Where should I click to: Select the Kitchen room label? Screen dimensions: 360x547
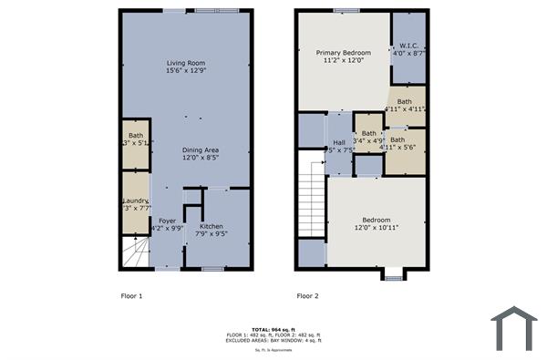(x=211, y=226)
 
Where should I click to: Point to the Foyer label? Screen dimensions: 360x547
(x=167, y=221)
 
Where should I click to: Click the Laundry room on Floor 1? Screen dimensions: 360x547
(x=135, y=205)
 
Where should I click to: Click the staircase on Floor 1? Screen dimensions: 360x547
(x=136, y=251)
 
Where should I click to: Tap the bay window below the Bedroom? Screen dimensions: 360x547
(x=393, y=274)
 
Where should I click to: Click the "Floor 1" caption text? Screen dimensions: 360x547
(x=131, y=296)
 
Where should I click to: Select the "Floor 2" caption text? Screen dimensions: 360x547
(x=307, y=296)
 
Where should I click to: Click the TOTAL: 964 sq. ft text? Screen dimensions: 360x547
(x=273, y=329)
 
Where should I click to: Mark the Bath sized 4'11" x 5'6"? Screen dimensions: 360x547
(x=402, y=144)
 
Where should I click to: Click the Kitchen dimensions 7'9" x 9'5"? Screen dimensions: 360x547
(x=211, y=234)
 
